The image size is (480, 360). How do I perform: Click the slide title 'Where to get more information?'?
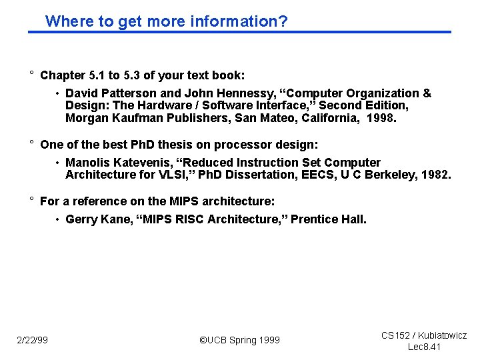166,21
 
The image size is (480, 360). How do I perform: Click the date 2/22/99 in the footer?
32,341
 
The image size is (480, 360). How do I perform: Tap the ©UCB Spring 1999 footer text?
240,341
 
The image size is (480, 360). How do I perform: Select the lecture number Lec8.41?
424,347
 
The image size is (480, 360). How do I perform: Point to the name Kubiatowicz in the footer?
442,335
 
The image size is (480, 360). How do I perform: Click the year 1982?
437,175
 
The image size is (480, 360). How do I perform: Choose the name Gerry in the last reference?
81,220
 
